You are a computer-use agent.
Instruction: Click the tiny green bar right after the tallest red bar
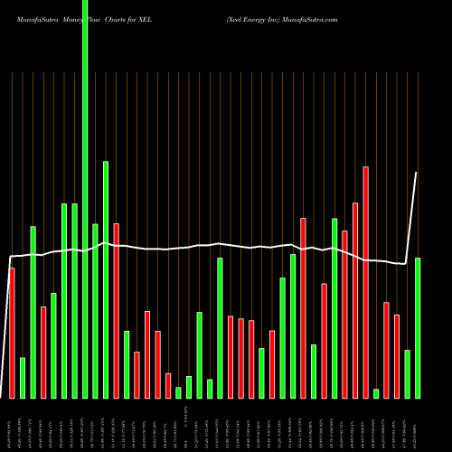click(376, 393)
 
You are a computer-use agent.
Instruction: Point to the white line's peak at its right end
click(417, 173)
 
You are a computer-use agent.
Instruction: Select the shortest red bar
click(168, 385)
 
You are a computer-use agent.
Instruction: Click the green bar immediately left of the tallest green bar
click(74, 300)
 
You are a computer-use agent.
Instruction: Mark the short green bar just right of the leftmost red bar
click(23, 378)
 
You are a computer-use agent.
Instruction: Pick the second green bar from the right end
click(407, 373)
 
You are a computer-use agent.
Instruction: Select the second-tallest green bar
click(106, 279)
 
